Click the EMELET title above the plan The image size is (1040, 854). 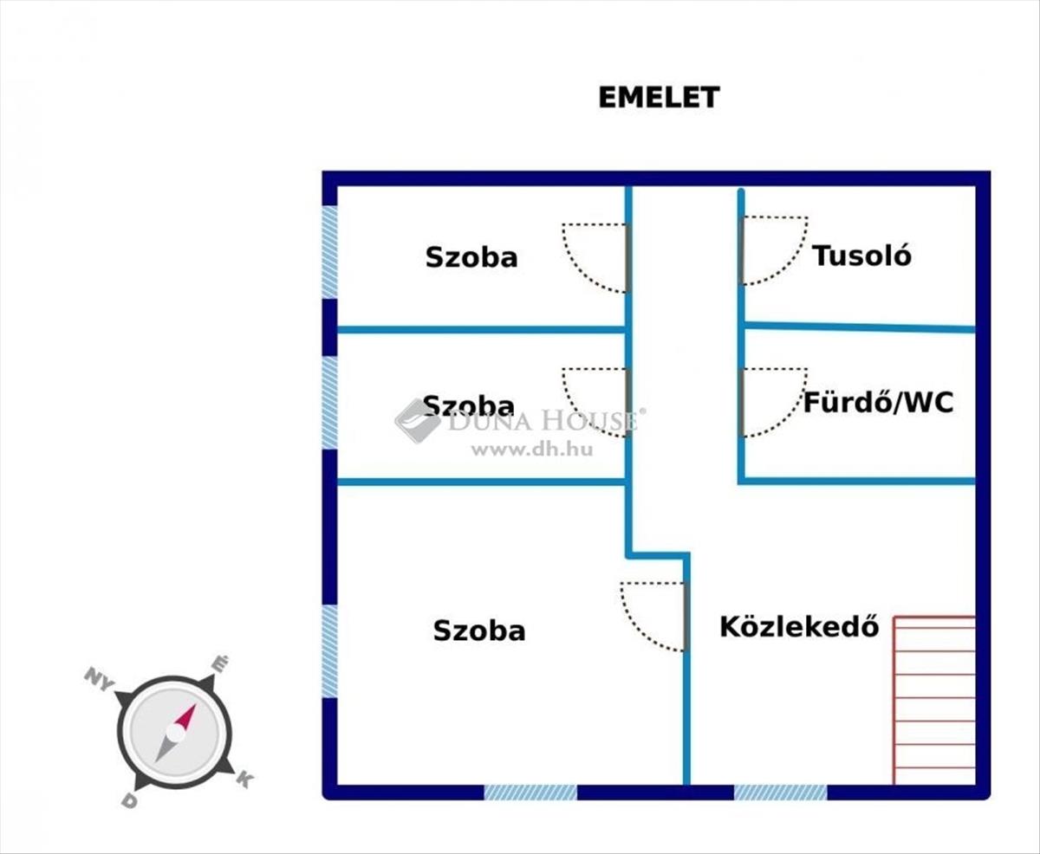click(659, 97)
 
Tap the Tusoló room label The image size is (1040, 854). click(861, 256)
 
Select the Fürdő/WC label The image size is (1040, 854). click(878, 402)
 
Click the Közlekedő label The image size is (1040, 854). click(799, 626)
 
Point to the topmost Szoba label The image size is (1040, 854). click(471, 257)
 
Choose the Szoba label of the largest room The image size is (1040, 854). click(479, 631)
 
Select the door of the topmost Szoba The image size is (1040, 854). click(596, 257)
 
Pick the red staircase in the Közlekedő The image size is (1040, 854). click(934, 700)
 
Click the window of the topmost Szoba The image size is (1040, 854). click(330, 253)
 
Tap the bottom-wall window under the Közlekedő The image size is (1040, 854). click(780, 792)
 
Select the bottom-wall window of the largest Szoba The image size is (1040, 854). click(530, 792)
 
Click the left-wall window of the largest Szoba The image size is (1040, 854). click(330, 650)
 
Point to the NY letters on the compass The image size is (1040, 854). click(100, 678)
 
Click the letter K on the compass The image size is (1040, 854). click(244, 780)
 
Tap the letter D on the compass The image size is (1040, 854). click(129, 801)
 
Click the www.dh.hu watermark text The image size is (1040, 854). click(531, 450)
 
